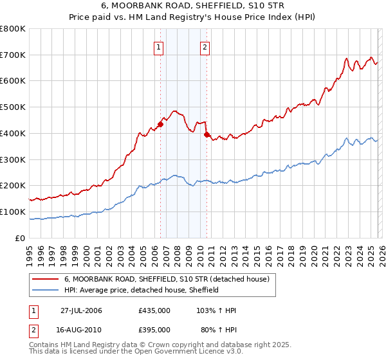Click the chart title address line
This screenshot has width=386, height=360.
click(193, 6)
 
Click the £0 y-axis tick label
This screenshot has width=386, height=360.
click(20, 238)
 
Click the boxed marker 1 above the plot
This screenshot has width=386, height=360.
click(158, 46)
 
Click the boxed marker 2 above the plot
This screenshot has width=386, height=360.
click(205, 46)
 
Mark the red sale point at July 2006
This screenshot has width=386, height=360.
click(160, 125)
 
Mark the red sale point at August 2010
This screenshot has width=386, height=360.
click(207, 135)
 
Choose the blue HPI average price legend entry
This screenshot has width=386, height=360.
click(142, 290)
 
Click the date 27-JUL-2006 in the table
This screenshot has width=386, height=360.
click(81, 310)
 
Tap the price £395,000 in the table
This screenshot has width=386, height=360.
click(154, 329)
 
